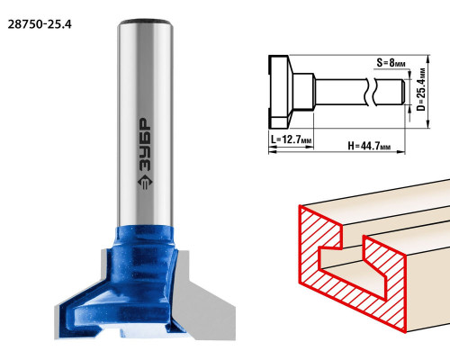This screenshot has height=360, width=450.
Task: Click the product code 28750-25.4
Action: click(x=40, y=24)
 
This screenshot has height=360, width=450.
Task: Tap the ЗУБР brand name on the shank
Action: click(x=145, y=144)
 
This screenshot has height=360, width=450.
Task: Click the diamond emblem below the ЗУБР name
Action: click(x=145, y=182)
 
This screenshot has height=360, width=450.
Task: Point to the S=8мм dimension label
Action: click(x=391, y=63)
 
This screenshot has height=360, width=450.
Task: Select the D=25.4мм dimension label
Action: click(x=421, y=89)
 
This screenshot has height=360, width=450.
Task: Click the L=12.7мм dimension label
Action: click(x=291, y=139)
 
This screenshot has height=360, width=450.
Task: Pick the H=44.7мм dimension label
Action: click(x=369, y=146)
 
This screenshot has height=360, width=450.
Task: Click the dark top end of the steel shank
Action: click(x=145, y=22)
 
